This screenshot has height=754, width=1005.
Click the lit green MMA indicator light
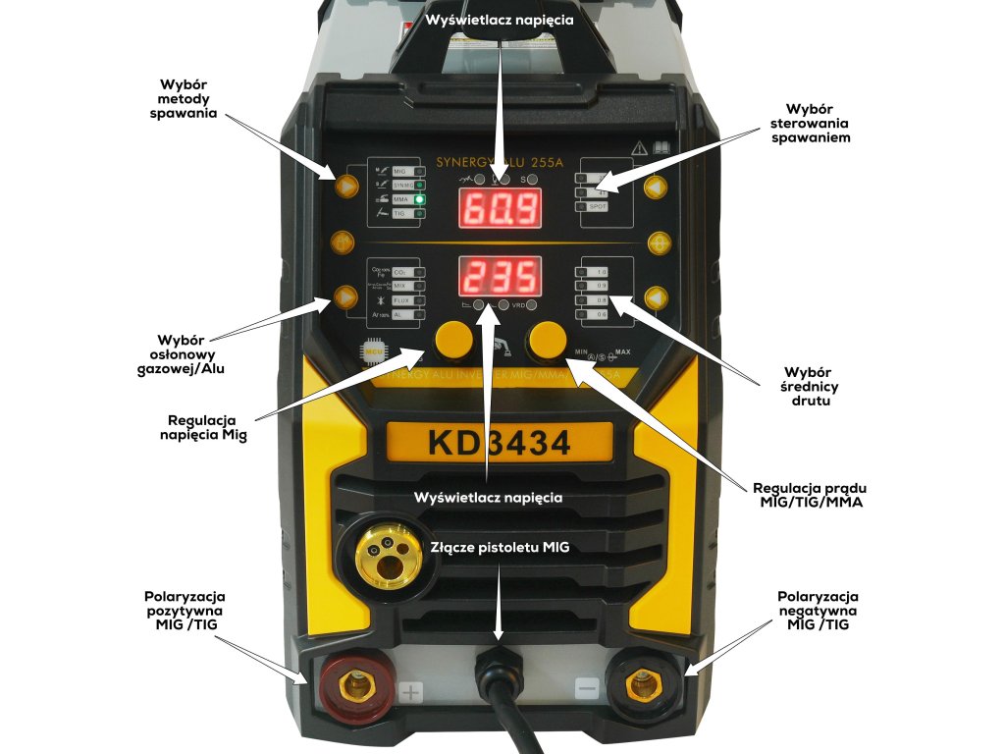(x=419, y=199)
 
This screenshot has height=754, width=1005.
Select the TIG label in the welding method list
(x=400, y=213)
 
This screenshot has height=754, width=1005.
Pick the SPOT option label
(x=600, y=207)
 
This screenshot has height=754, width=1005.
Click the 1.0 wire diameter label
(x=602, y=271)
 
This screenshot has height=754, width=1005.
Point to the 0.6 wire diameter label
(x=602, y=313)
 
